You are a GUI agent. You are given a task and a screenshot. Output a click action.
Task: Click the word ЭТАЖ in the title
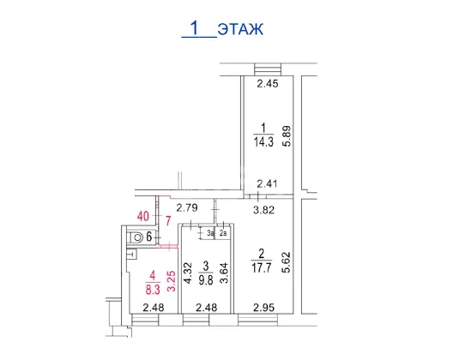240,29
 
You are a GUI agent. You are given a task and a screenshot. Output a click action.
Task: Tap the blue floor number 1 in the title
195,28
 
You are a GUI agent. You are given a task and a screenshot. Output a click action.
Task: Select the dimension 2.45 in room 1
268,84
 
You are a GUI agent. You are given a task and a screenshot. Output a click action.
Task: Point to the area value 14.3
263,142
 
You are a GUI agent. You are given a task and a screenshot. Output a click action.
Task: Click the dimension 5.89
287,136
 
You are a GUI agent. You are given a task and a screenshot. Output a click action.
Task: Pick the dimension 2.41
267,183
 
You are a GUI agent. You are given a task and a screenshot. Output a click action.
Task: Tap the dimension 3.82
263,210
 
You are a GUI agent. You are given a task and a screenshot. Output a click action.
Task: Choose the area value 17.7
262,268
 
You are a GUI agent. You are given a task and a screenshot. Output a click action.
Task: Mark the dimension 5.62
287,262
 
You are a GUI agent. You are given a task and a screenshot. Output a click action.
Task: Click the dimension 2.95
263,308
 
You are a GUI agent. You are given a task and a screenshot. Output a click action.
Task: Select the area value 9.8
206,279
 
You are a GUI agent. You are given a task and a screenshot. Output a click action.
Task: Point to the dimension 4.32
188,273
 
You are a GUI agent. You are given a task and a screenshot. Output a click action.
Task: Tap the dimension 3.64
224,273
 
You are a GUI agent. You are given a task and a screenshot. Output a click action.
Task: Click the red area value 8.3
153,289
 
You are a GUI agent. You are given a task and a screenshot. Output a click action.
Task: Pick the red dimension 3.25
172,281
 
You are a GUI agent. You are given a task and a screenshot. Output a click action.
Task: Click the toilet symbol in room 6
136,238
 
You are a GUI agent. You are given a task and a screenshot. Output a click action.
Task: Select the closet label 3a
210,233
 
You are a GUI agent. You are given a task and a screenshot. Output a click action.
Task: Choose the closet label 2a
223,233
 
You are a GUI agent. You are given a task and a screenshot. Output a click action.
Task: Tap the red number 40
143,216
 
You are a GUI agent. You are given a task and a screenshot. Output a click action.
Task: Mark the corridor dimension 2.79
187,208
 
